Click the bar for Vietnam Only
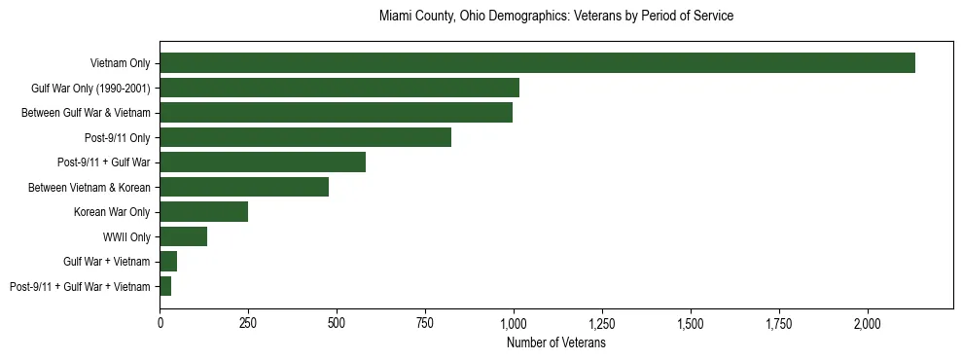pos(537,63)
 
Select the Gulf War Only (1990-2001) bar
pos(339,88)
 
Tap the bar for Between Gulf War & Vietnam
pos(336,113)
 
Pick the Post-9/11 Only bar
pos(305,137)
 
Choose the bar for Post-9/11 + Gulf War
pos(263,162)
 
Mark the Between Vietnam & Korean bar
pos(244,187)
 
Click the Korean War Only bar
pos(203,212)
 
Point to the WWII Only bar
pos(183,236)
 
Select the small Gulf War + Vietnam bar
pos(168,262)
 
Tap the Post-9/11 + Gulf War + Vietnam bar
pos(165,286)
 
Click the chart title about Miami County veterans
pos(556,17)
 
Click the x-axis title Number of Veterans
pos(556,343)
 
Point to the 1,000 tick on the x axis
pos(514,323)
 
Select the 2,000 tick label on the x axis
pos(867,323)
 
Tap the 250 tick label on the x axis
pos(248,323)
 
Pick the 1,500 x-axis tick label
pos(690,323)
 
